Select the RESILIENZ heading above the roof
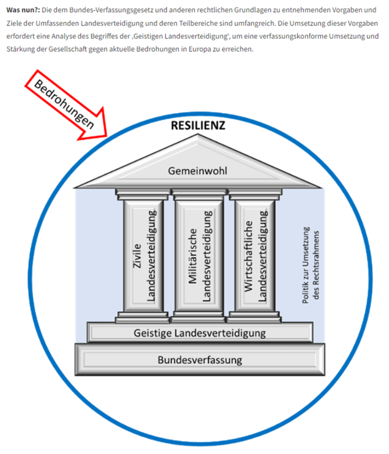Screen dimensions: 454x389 [x=198, y=125]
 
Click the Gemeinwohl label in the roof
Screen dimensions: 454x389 [x=197, y=170]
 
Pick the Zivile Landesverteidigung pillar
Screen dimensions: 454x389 [x=145, y=256]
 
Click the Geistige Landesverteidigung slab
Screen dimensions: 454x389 [x=200, y=333]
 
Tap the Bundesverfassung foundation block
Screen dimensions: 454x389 [x=200, y=360]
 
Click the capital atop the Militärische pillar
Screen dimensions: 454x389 [x=199, y=193]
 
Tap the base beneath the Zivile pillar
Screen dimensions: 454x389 [x=142, y=317]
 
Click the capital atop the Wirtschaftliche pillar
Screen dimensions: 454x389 [x=255, y=193]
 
